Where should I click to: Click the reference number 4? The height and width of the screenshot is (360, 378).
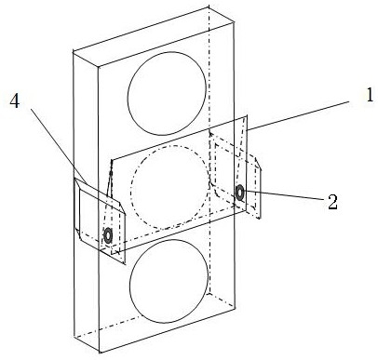point(15,100)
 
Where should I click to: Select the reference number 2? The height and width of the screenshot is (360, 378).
point(332,202)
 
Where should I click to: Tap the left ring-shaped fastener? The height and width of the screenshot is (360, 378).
point(108,235)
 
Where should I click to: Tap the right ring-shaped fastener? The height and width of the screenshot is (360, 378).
point(240,193)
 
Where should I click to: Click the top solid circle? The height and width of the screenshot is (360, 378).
point(167,93)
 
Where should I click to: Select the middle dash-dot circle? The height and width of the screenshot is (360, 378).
point(170,187)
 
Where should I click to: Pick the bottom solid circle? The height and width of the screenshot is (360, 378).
point(169,282)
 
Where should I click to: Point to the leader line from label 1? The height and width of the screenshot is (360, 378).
point(300,115)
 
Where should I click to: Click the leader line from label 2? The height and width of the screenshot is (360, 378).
point(286,196)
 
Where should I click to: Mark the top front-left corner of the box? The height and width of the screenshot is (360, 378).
point(99,66)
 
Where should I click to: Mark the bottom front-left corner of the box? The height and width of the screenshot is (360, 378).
point(100,353)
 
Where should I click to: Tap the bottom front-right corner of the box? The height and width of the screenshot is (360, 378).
point(235,308)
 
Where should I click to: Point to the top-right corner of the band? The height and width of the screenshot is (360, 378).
point(247,116)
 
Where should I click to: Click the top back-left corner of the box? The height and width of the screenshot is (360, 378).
point(73,52)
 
